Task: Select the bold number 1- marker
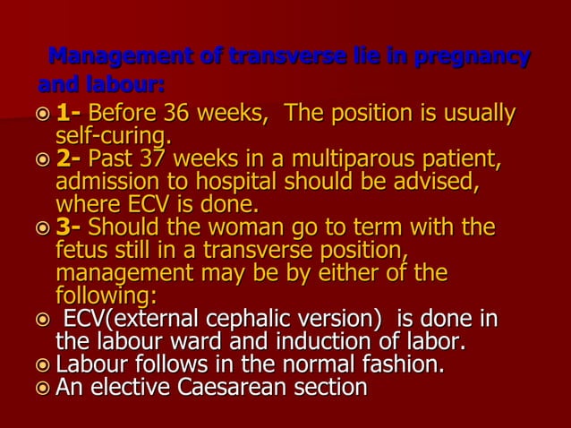point(68,116)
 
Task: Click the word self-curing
point(114,137)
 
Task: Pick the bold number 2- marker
point(68,161)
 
